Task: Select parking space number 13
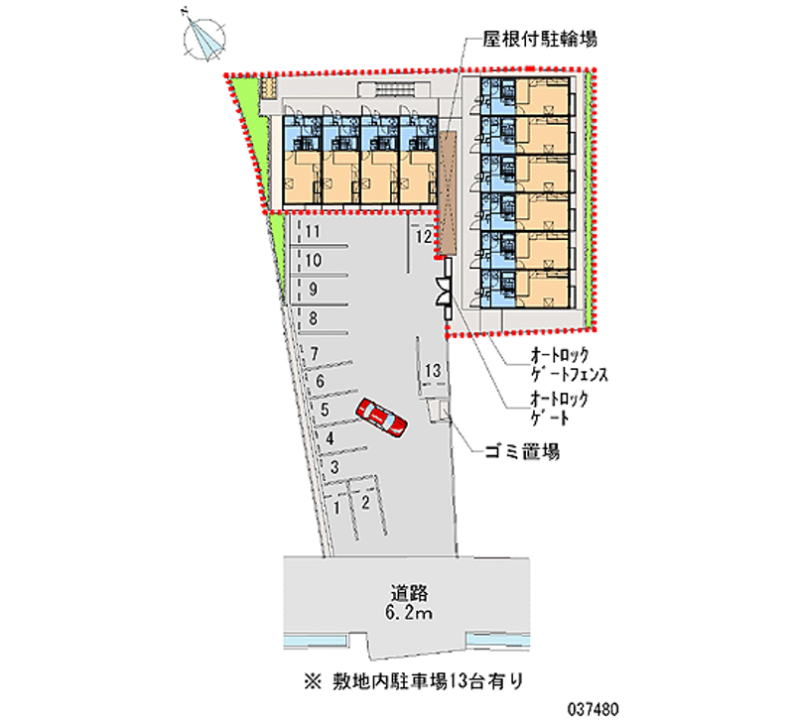432,371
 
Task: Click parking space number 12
423,237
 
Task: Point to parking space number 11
312,233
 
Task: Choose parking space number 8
313,318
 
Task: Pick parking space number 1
338,507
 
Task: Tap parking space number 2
365,502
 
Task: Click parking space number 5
325,409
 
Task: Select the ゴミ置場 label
522,452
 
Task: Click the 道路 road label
408,594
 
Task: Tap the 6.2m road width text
408,616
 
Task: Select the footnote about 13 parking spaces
408,681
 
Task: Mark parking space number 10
312,262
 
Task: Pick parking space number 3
335,467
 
